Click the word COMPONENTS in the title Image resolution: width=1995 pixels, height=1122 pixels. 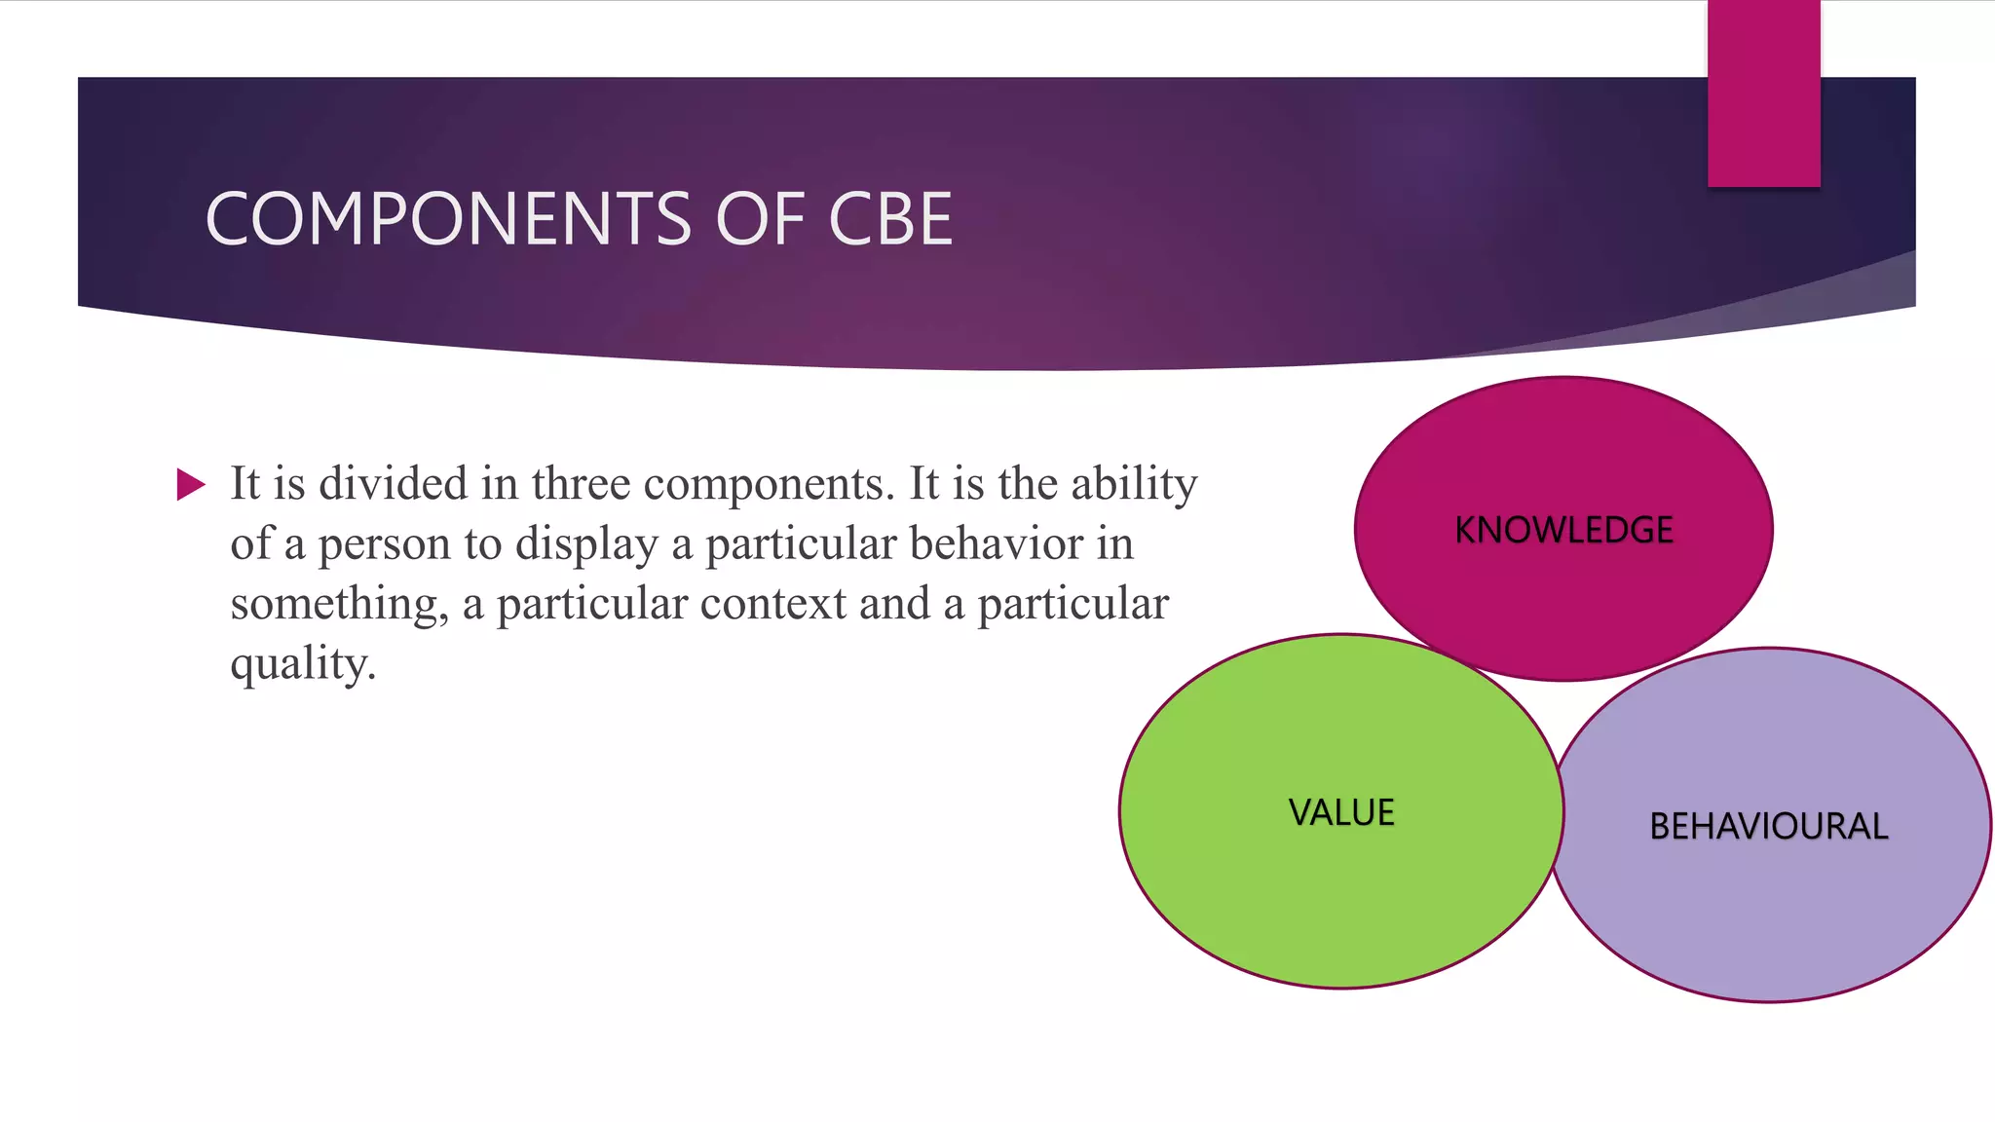click(448, 218)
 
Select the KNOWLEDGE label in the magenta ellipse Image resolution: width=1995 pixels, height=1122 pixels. click(1563, 530)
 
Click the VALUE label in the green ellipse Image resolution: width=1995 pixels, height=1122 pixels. click(1341, 812)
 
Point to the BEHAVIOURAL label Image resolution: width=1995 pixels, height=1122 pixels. click(1768, 826)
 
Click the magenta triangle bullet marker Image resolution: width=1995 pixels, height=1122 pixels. click(191, 484)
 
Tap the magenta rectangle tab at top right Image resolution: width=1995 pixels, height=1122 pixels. click(1763, 93)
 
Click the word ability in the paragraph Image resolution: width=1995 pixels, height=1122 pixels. click(1134, 485)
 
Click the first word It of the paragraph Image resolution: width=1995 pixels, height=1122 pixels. click(245, 483)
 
